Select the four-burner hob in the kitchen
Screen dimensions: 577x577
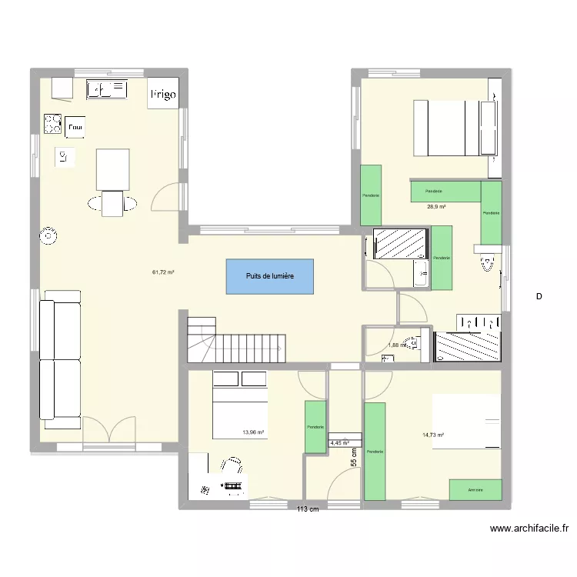(52, 123)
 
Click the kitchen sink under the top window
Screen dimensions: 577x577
(107, 90)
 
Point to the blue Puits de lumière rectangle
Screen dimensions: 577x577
(270, 275)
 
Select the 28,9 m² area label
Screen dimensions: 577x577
(438, 207)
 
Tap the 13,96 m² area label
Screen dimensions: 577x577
(253, 433)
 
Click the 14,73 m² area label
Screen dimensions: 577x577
(434, 435)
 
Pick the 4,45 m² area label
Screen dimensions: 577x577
(339, 443)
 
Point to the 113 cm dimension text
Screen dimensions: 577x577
(309, 509)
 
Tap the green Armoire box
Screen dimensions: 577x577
(475, 489)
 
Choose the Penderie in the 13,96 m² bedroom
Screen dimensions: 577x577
(315, 427)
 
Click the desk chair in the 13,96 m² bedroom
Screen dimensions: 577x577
(230, 466)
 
